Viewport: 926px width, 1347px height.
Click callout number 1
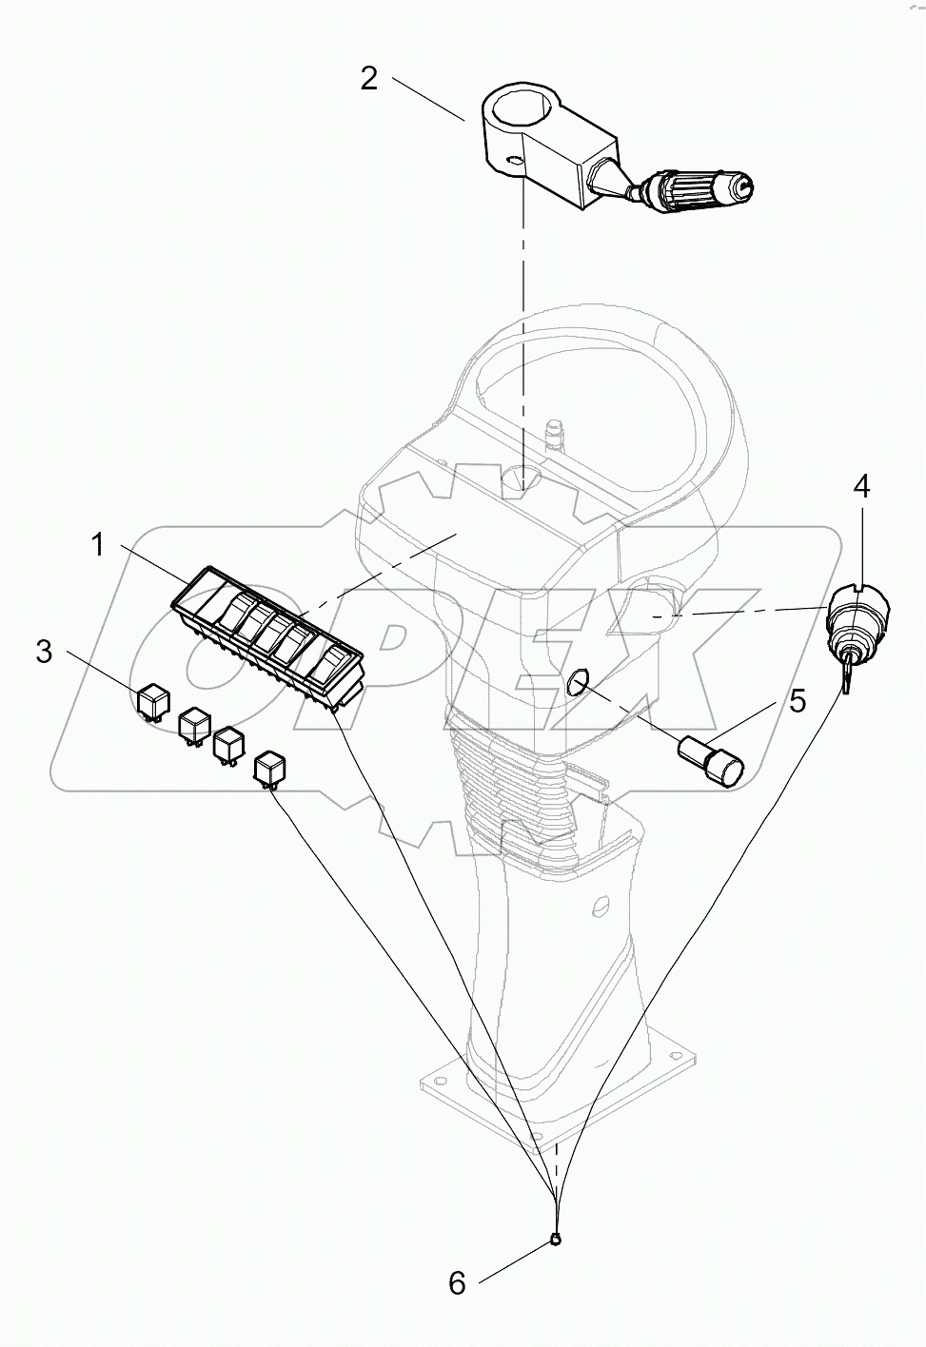98,545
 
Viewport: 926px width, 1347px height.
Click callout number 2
368,78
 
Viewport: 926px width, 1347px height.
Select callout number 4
860,487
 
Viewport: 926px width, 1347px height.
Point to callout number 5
798,702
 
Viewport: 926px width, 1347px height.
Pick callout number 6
458,1284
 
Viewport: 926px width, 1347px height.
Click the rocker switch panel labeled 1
269,632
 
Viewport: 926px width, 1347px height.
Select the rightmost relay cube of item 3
268,768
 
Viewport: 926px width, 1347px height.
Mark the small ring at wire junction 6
556,1239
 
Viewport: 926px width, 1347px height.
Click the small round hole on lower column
600,903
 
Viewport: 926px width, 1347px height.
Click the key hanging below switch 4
845,676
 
